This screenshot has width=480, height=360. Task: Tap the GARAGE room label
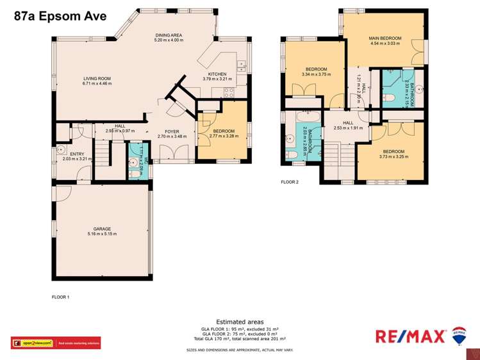click(102, 229)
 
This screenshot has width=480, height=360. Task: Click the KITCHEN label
click(217, 74)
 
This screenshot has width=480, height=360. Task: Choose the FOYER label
click(171, 131)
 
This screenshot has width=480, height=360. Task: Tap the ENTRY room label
click(77, 154)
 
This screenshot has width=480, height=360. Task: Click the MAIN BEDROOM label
click(384, 38)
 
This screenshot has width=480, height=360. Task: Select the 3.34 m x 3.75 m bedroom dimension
click(316, 74)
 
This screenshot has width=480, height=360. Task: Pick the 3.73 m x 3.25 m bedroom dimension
click(392, 157)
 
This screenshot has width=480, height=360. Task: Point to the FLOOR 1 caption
click(60, 297)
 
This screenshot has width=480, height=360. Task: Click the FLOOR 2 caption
click(290, 182)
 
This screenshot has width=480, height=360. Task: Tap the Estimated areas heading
click(239, 322)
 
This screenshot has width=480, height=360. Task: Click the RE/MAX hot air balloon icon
click(459, 335)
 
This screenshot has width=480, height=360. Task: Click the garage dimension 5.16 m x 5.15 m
click(102, 234)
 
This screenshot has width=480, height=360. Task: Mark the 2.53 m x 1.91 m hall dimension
click(348, 128)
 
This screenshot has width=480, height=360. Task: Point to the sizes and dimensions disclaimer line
click(239, 350)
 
